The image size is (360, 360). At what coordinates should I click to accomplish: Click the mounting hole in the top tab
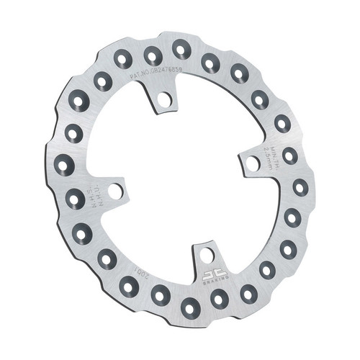pyautogui.click(x=165, y=99)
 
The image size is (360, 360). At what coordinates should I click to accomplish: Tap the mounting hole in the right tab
pyautogui.click(x=253, y=163)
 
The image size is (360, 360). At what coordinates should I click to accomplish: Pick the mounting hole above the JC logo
pyautogui.click(x=207, y=255)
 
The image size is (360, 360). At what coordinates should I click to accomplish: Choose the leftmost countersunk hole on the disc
pyautogui.click(x=63, y=166)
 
